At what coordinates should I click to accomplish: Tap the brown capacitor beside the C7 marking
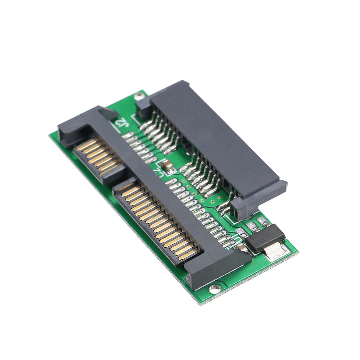[x=167, y=165]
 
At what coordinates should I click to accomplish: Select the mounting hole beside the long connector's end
[x=215, y=288]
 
